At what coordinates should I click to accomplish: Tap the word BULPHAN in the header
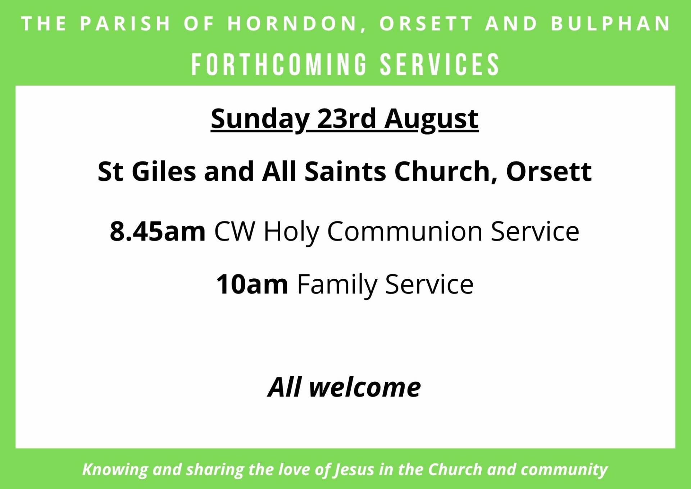[x=611, y=24]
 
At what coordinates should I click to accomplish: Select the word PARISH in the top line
[x=125, y=24]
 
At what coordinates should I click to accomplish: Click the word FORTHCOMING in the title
[x=279, y=65]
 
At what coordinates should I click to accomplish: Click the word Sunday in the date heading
[x=260, y=119]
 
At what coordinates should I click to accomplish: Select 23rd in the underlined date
[x=346, y=118]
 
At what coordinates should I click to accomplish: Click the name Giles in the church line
[x=164, y=171]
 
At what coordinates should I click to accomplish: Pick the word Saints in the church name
[x=345, y=171]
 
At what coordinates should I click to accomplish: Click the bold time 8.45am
[x=158, y=231]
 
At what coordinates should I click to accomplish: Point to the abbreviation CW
[x=234, y=231]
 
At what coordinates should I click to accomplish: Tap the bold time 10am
[x=252, y=284]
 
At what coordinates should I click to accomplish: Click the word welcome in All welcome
[x=365, y=387]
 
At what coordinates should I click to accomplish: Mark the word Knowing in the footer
[x=115, y=470]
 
